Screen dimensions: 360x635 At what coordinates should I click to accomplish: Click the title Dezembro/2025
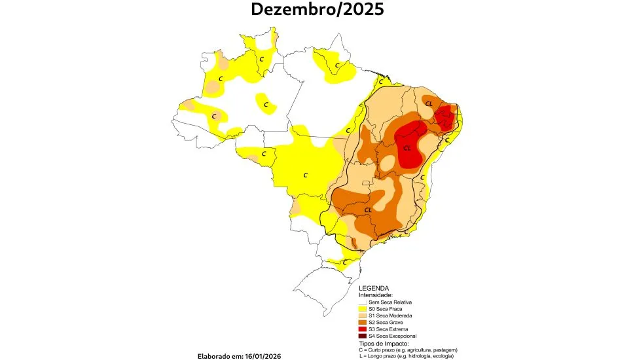pyautogui.click(x=317, y=10)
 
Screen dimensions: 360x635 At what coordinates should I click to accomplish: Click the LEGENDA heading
pyautogui.click(x=374, y=288)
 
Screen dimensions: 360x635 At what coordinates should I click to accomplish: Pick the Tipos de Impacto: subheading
pyautogui.click(x=384, y=343)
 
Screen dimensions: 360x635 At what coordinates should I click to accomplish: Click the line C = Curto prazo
pyautogui.click(x=407, y=350)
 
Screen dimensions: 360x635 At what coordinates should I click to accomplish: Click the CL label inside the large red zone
pyautogui.click(x=407, y=148)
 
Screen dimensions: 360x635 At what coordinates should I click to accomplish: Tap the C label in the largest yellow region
pyautogui.click(x=305, y=175)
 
